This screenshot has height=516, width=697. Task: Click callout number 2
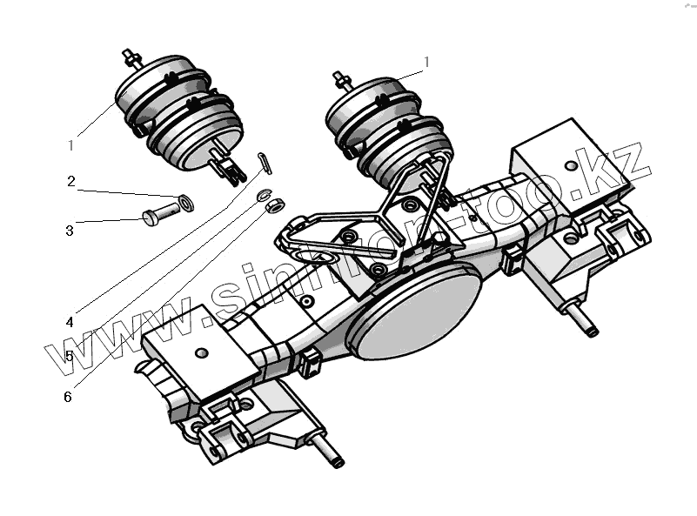(x=71, y=182)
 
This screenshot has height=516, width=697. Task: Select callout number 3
(x=70, y=231)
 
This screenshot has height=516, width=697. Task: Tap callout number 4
(x=69, y=321)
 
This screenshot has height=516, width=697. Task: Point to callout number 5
(x=69, y=356)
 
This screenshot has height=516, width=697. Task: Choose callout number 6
(x=68, y=397)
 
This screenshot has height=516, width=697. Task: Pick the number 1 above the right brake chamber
(x=427, y=61)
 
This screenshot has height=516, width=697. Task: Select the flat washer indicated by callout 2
(x=184, y=204)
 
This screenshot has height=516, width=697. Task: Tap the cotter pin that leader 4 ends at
(x=265, y=163)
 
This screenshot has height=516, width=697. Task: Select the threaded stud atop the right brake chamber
(x=342, y=81)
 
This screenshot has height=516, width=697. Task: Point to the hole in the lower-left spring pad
(x=203, y=352)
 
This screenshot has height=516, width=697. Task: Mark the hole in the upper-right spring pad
(x=571, y=165)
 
